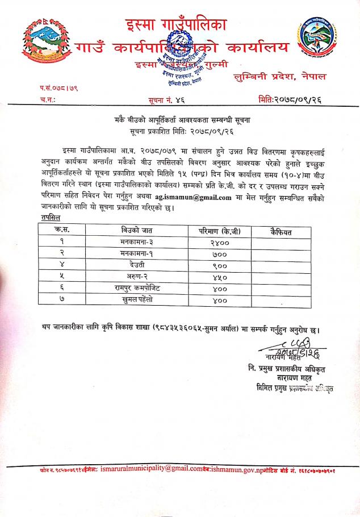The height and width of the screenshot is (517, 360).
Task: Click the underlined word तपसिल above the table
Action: [x=51, y=218]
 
